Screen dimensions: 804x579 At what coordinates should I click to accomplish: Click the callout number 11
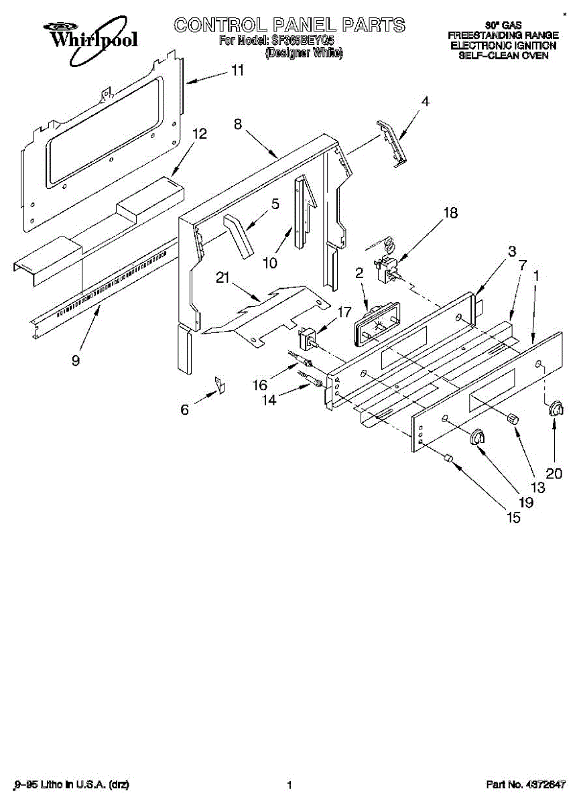[237, 70]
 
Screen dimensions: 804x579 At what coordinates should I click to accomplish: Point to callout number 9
[76, 360]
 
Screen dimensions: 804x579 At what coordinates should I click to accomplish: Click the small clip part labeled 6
[219, 384]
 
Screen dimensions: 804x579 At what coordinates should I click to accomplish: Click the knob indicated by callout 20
[555, 410]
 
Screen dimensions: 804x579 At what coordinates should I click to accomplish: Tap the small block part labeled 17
[310, 338]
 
